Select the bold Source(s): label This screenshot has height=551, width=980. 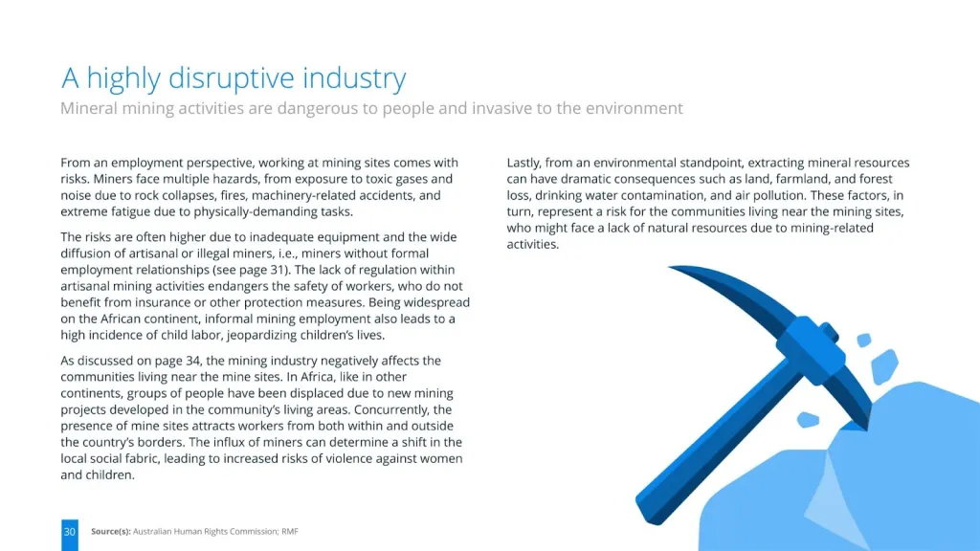[x=111, y=532]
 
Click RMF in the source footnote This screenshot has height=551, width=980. [x=289, y=532]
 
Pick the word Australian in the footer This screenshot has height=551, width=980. [x=152, y=532]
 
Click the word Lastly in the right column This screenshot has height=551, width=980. [x=523, y=163]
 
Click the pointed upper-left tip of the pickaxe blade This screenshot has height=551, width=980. [x=670, y=268]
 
